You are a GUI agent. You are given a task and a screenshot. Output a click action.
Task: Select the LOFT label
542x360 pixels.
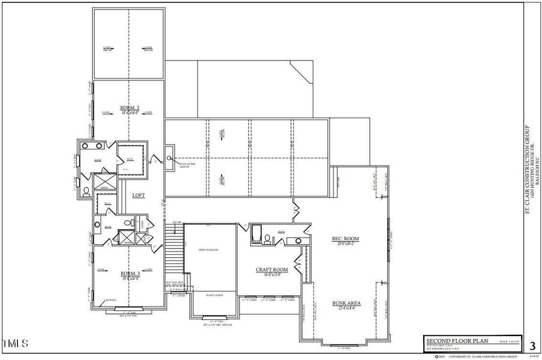pyautogui.click(x=139, y=195)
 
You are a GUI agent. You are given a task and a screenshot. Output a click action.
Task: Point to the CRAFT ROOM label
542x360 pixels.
pyautogui.click(x=272, y=270)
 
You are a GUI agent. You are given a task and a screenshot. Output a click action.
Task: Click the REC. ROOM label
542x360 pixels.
pyautogui.click(x=345, y=239)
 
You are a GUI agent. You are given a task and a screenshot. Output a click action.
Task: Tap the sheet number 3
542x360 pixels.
pyautogui.click(x=532, y=346)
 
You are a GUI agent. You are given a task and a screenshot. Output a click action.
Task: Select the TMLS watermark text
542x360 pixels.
pyautogui.click(x=15, y=344)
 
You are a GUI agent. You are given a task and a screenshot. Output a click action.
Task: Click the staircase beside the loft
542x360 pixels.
pyautogui.click(x=173, y=246)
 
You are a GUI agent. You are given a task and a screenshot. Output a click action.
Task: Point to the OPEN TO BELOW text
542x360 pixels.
pyautogui.click(x=209, y=250)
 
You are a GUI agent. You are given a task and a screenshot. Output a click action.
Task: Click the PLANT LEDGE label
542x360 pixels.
pyautogui.click(x=214, y=296)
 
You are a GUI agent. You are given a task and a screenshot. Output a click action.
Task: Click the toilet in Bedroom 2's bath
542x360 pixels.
pyautogui.click(x=86, y=191)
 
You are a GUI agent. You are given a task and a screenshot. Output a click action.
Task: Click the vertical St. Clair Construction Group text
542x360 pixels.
pyautogui.click(x=528, y=169)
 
